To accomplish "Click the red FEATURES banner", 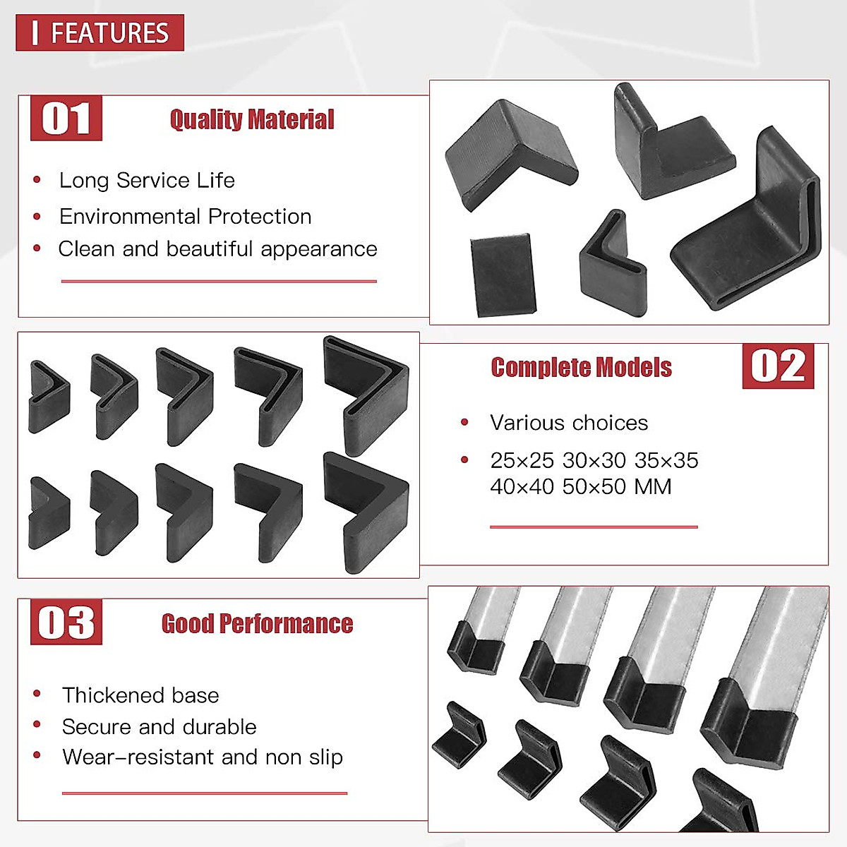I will pos(100,32).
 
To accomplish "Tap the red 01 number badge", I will pos(66,119).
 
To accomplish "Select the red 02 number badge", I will pos(778,366).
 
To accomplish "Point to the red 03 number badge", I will pos(66,623).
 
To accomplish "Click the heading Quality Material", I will pos(252,119).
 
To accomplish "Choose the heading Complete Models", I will pos(581,368).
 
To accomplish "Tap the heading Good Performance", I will pos(257,624).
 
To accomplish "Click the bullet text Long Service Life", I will pos(147,181).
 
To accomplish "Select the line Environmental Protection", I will pos(185,217).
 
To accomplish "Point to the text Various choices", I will pos(569,423).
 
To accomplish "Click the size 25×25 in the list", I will pos(522,461).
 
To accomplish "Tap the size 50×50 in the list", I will pos(594,487).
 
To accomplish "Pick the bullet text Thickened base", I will pos(140,695).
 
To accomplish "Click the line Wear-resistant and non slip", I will pos(203,757).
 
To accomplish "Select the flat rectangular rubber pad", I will pos(503,275).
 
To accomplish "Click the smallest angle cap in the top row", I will pos(48,396).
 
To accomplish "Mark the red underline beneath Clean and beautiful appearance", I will pos(219,281).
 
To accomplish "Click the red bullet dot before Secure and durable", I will pos(37,725).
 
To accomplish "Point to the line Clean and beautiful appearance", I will pos(217,249).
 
